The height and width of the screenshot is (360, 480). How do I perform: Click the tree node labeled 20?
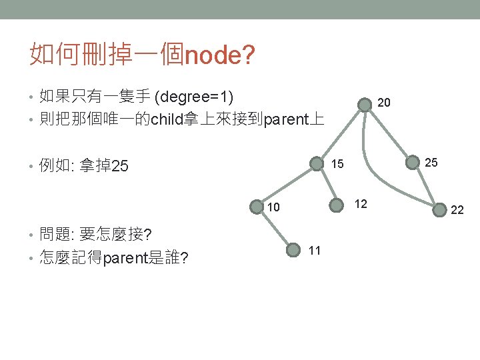point(365,105)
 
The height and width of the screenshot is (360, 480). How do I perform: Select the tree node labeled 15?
point(317,163)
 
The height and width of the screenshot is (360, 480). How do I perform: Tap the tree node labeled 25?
point(413,162)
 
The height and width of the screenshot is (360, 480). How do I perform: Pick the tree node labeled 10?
point(257,207)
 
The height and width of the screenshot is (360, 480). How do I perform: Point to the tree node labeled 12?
point(336,205)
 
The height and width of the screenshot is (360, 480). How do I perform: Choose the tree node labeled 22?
point(439,210)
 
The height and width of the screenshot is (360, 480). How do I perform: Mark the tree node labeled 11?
point(293,250)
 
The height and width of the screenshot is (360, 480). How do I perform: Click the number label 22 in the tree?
point(457,210)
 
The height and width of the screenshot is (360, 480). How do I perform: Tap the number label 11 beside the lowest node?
point(315,251)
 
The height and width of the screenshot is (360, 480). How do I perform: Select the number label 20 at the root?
point(384,102)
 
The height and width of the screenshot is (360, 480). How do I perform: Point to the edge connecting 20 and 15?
point(341,134)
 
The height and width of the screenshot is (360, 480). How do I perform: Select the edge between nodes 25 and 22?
point(426,186)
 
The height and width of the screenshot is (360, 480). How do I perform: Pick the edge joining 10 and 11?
point(275,228)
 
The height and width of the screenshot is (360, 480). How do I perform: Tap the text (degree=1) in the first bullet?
point(194,97)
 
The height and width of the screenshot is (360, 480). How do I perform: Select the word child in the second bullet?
point(167,119)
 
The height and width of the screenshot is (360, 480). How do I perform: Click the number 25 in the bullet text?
point(119,165)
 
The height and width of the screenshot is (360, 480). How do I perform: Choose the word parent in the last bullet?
point(125,259)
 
